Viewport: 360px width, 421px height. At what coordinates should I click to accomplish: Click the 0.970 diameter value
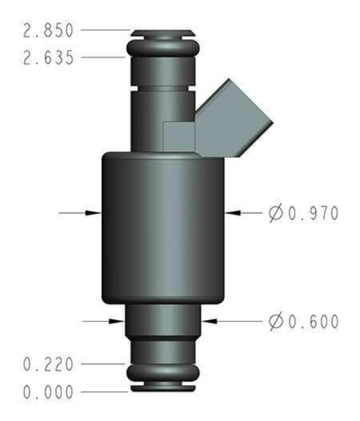[x=312, y=213]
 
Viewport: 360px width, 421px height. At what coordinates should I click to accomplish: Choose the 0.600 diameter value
[x=312, y=321]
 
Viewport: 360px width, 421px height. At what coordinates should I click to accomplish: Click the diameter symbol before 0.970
[x=276, y=213]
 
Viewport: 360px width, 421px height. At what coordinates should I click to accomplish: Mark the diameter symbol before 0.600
[x=276, y=321]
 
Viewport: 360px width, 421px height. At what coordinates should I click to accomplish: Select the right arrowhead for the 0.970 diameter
[x=234, y=213]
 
